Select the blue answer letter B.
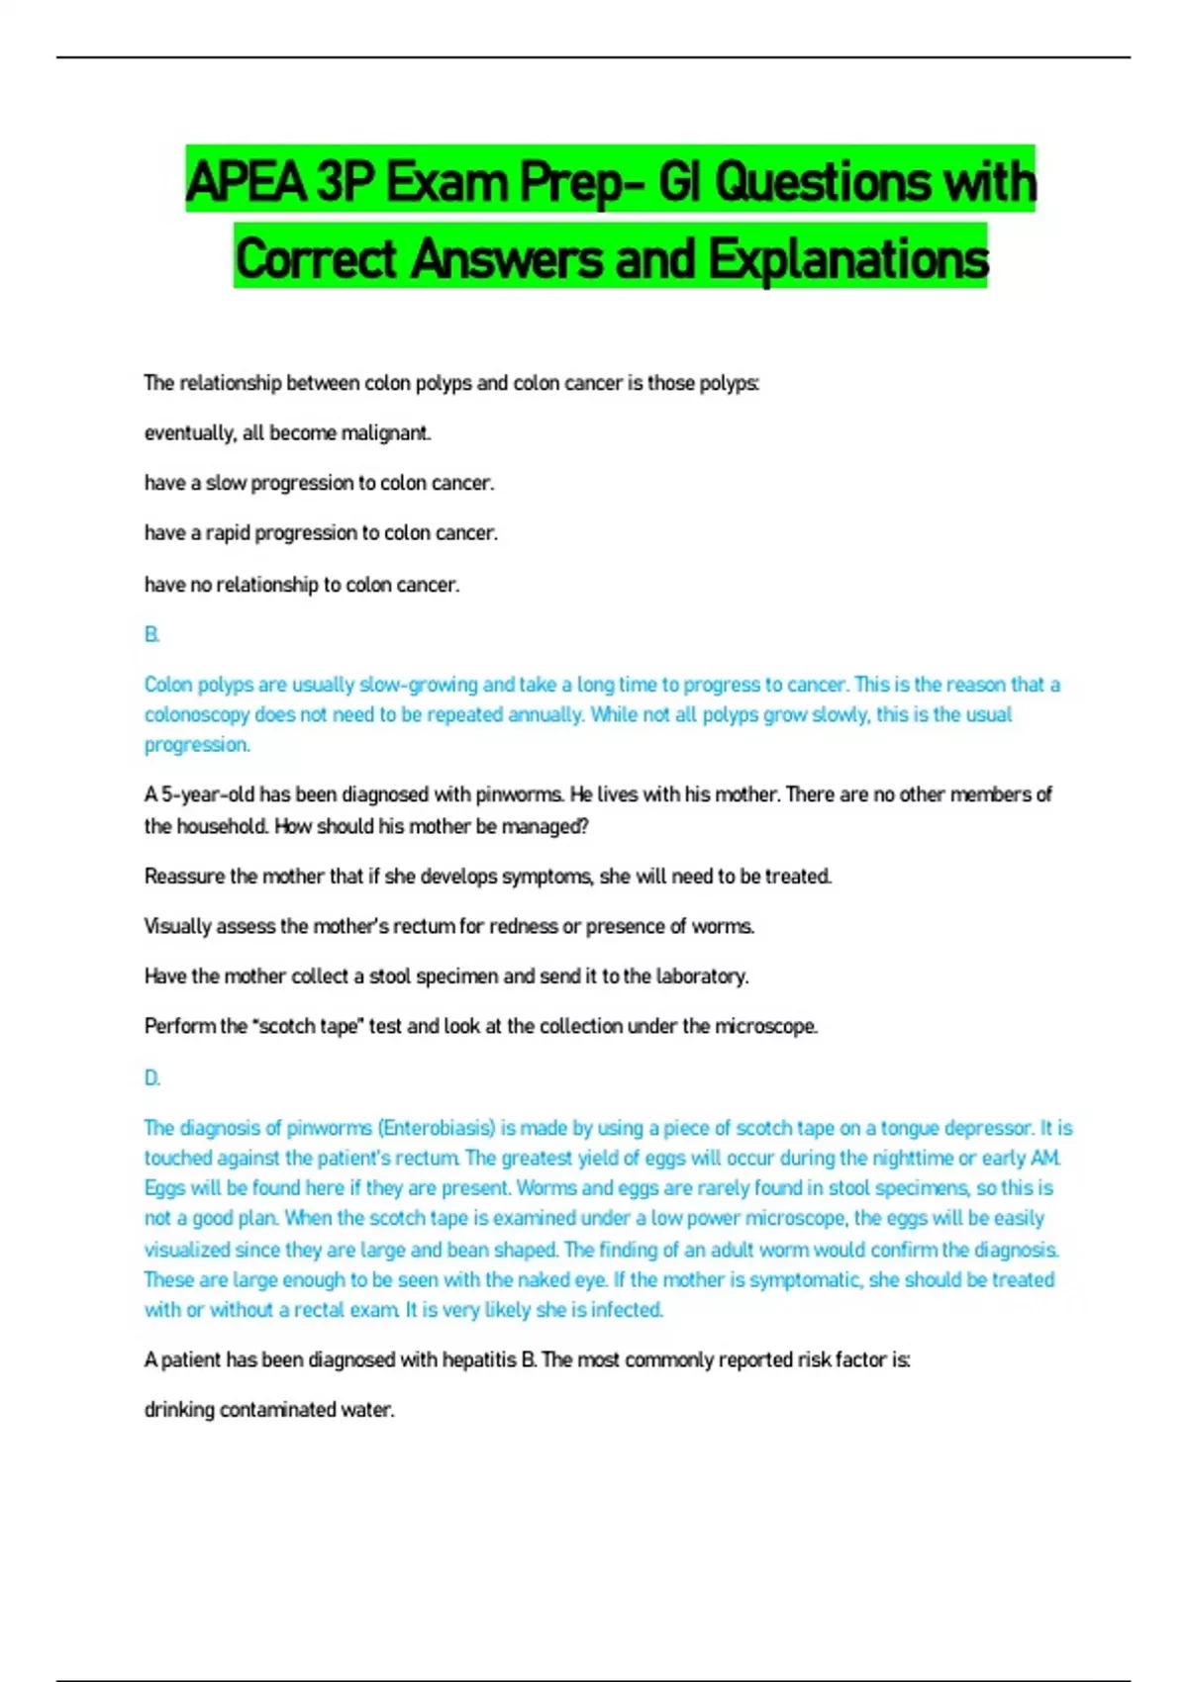pyautogui.click(x=151, y=634)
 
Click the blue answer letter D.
pyautogui.click(x=151, y=1077)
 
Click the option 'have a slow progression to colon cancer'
pyautogui.click(x=319, y=483)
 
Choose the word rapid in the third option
pyautogui.click(x=227, y=533)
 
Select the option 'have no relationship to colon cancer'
pyautogui.click(x=302, y=585)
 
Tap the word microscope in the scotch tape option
pyautogui.click(x=765, y=1027)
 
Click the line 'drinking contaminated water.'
pyautogui.click(x=269, y=1410)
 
